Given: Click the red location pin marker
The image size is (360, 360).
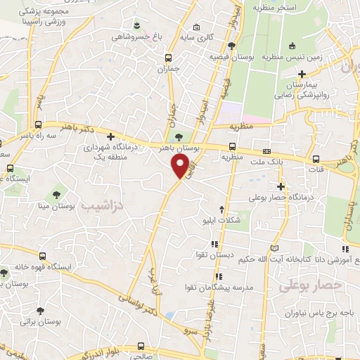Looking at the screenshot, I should [x=181, y=166].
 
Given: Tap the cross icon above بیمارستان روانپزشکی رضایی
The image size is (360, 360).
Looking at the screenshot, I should [x=302, y=74].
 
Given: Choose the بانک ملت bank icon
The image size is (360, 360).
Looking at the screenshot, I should [x=266, y=151].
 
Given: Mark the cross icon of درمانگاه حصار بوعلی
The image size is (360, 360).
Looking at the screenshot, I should [x=281, y=186].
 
